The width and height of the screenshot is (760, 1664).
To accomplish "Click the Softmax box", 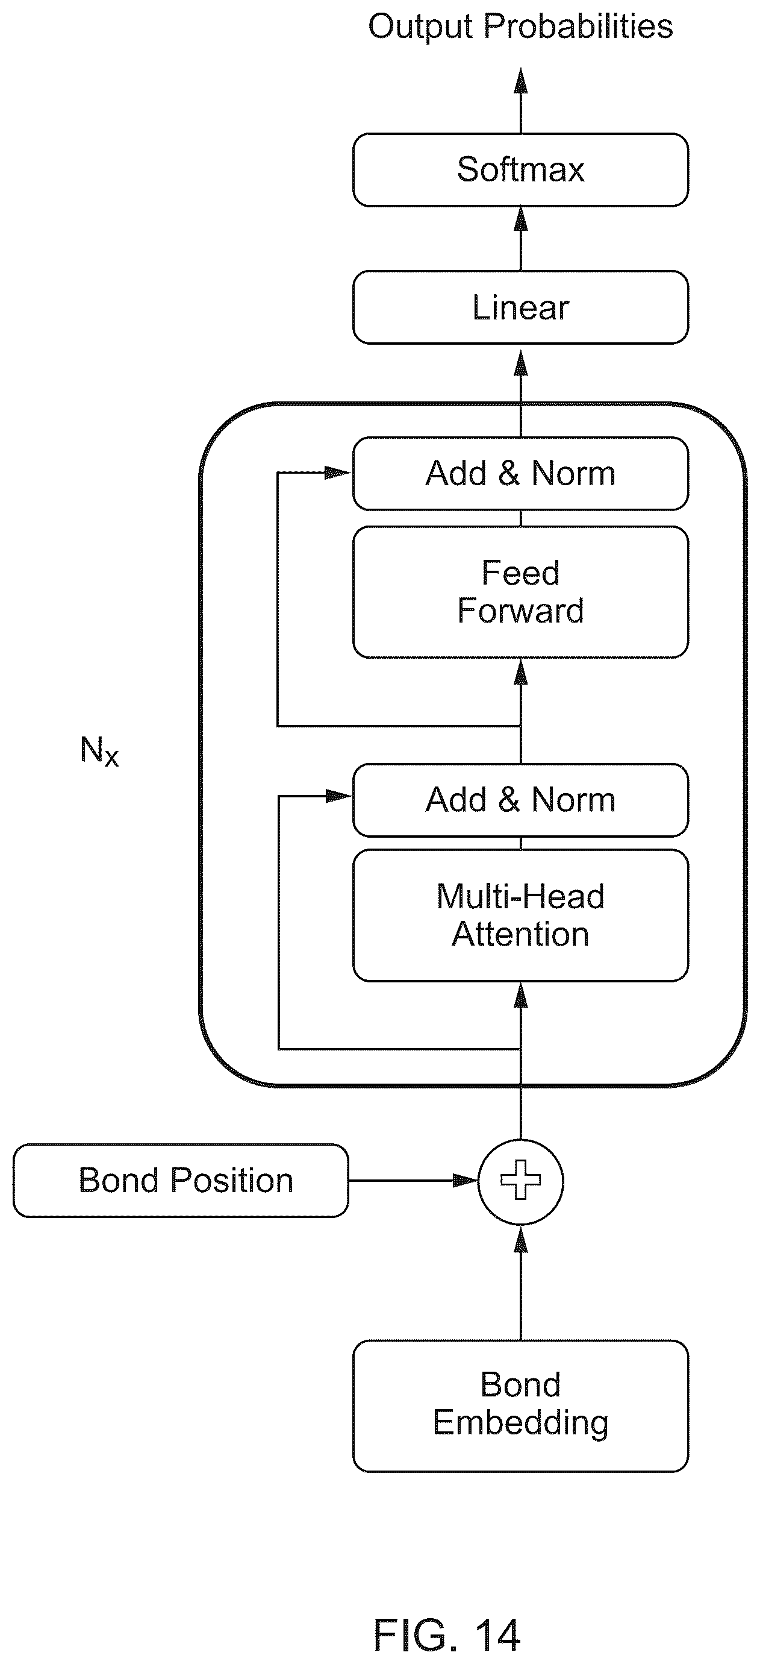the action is point(520,170).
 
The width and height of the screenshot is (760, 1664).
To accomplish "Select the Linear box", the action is point(520,307).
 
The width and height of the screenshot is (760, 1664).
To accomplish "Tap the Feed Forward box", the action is point(520,592).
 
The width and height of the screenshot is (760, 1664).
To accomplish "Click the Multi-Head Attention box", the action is point(520,915).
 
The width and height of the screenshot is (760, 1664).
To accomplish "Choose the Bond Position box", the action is point(181,1181).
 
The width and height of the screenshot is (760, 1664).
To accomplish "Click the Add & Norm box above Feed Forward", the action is point(520,474).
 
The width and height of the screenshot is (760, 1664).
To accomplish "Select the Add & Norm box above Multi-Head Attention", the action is point(520,800).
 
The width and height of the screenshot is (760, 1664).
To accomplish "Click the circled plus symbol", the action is point(520,1181).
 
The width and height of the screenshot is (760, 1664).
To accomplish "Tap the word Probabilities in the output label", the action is point(578,27).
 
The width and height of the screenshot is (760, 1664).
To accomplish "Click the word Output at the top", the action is point(420,27).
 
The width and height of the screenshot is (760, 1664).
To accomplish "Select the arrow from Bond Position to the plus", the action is point(413,1181).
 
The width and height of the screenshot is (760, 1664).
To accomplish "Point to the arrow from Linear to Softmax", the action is point(520,239).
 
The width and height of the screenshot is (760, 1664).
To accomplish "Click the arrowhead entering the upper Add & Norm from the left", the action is point(338,473).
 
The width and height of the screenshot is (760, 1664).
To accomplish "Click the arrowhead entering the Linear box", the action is point(520,363).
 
